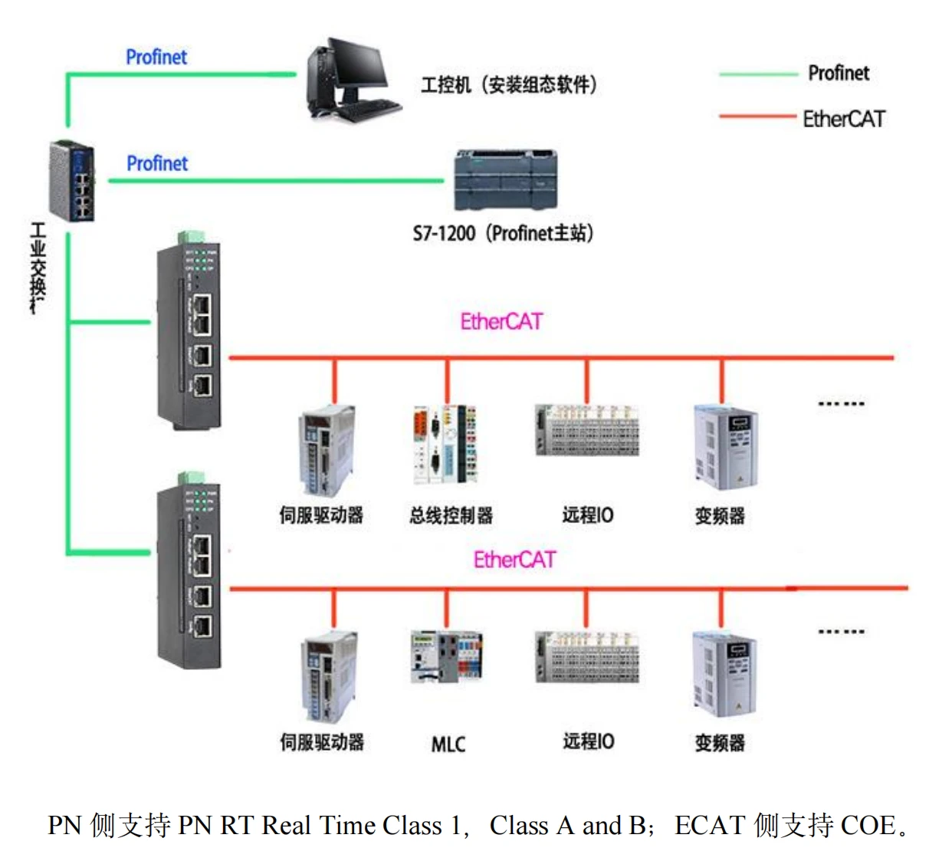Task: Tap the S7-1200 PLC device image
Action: (505, 180)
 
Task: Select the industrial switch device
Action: (72, 182)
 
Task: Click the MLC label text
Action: (448, 744)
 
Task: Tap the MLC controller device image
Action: (446, 657)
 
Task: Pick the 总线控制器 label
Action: (451, 516)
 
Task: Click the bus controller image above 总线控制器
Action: (446, 444)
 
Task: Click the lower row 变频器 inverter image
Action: (724, 675)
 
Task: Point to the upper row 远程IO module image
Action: (587, 430)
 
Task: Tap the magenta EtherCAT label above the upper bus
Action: (501, 322)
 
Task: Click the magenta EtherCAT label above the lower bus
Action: (514, 560)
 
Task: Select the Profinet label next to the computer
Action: (156, 58)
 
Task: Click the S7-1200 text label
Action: (444, 234)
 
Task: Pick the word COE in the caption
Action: (868, 826)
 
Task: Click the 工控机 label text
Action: (445, 85)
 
